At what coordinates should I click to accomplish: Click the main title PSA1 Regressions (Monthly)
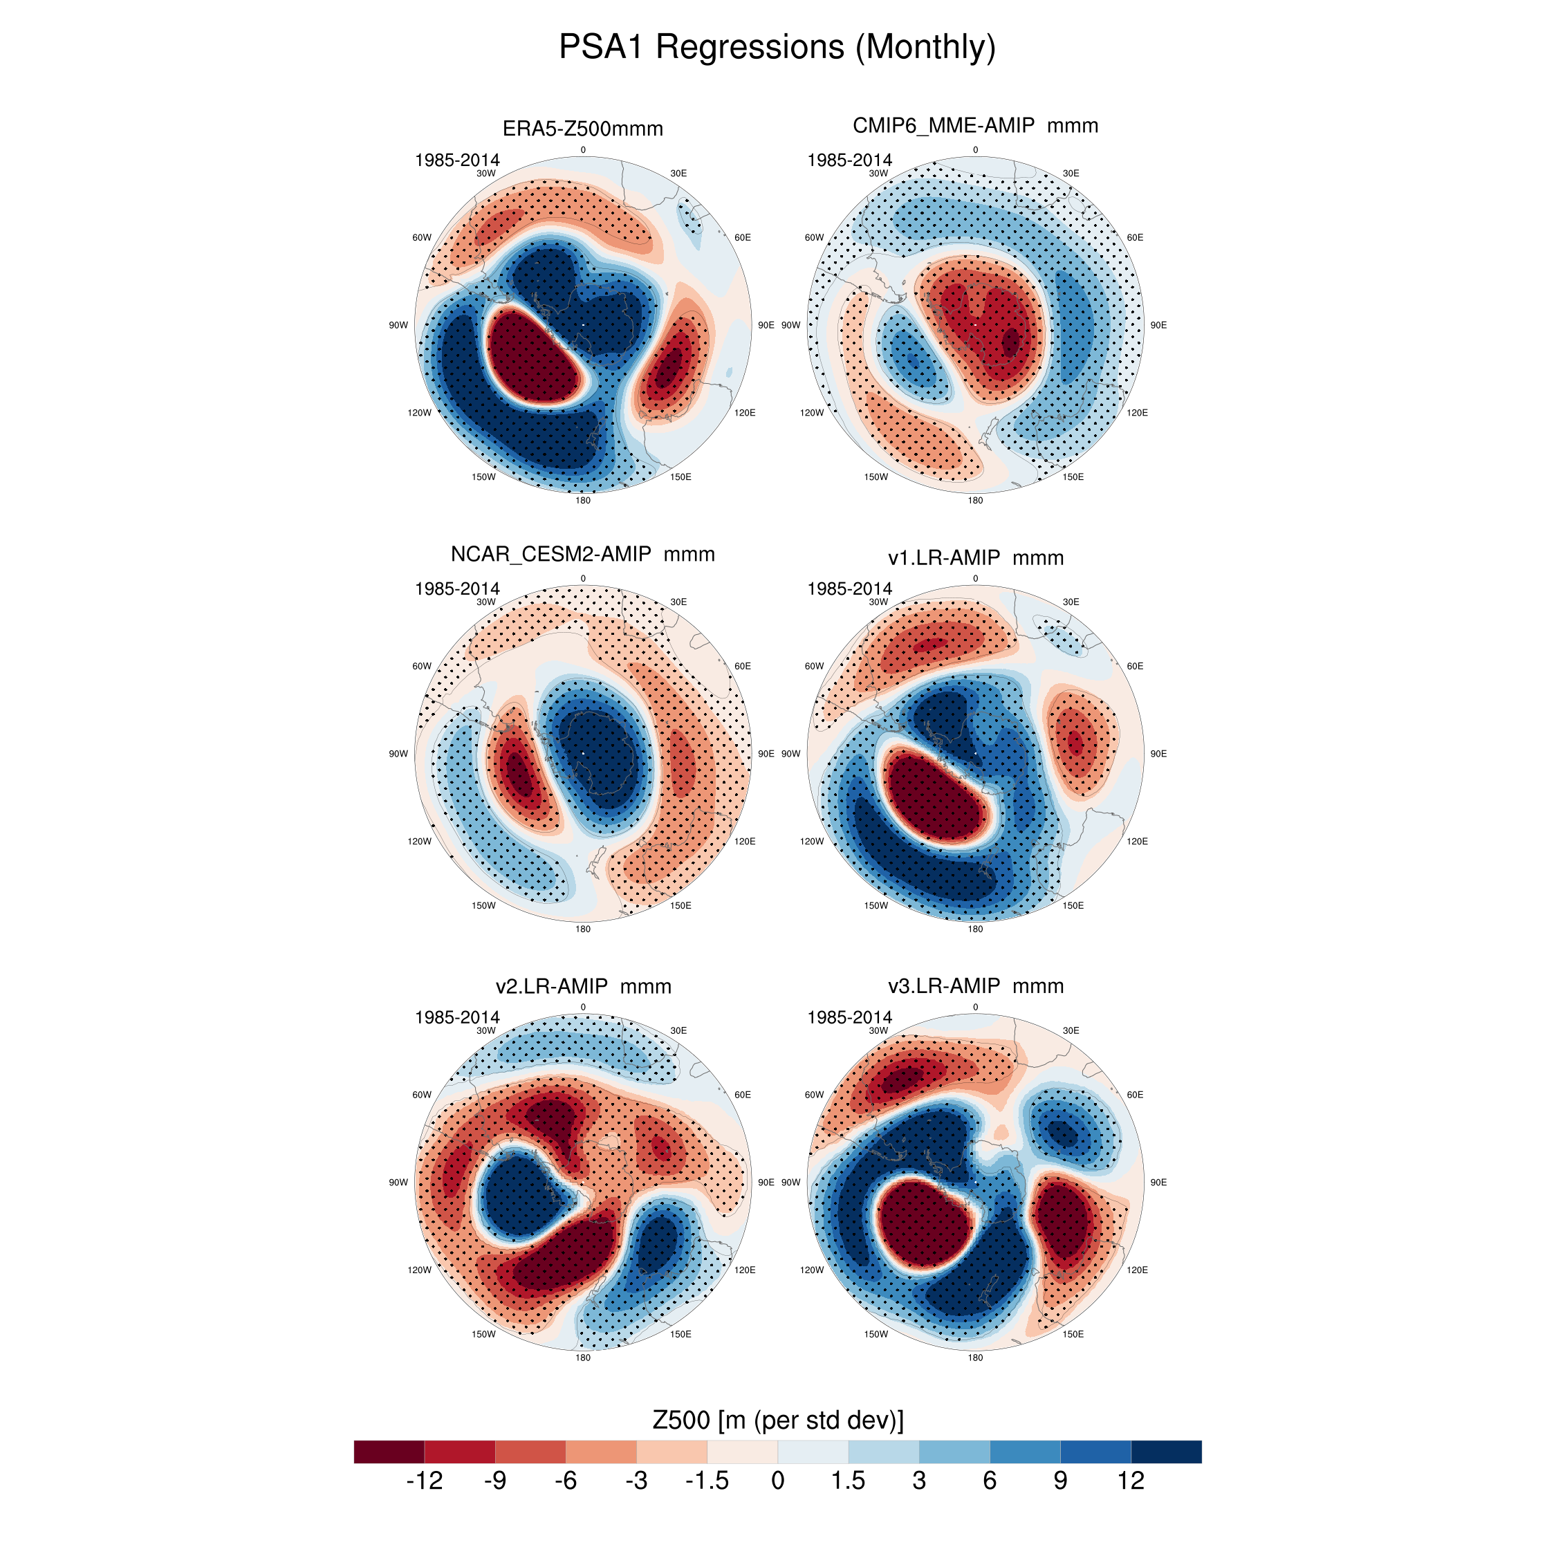pos(777,47)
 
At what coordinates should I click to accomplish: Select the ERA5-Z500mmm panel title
pos(582,129)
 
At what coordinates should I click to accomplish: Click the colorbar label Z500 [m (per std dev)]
pos(777,1418)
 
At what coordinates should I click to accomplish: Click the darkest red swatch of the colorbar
pos(389,1452)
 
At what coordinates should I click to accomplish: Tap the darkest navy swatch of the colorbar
pos(1166,1452)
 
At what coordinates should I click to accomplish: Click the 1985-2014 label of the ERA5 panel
pos(456,160)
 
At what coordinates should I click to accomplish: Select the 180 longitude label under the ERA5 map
pos(582,500)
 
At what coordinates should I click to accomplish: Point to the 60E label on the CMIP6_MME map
pos(1135,238)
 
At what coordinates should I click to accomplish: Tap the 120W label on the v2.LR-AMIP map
pos(419,1270)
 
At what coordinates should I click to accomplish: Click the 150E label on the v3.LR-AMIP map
pos(1073,1334)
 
